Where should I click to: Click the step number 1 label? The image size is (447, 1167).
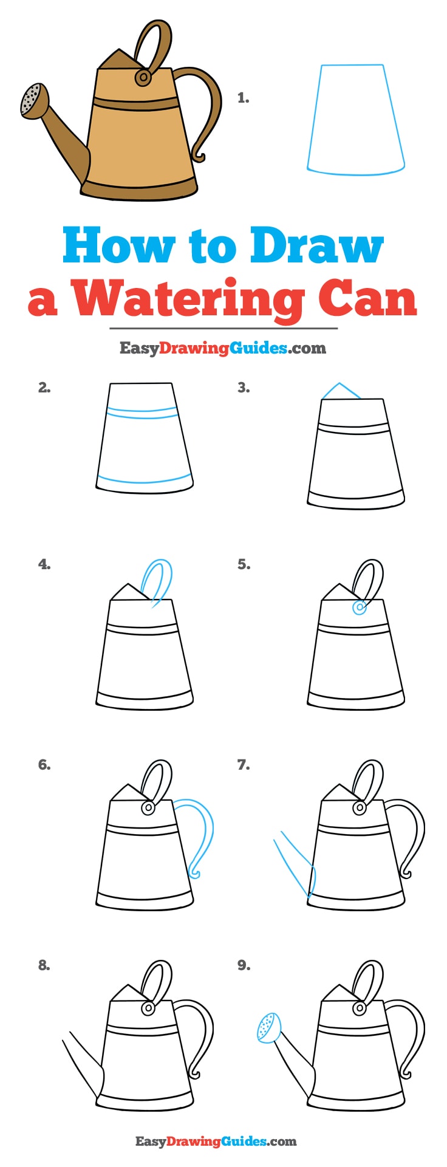[x=243, y=98]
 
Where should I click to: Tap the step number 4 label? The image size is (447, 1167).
[x=44, y=564]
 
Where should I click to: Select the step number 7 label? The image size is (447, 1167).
[x=243, y=765]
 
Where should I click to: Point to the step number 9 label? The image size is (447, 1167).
[x=244, y=965]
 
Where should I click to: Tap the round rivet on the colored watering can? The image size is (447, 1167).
[x=144, y=77]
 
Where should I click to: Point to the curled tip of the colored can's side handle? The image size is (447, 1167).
[x=198, y=157]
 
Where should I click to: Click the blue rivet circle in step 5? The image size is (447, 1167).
[x=359, y=607]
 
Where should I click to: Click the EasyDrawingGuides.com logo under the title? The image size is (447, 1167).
[x=222, y=348]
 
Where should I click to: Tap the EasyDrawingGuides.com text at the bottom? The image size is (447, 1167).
[x=216, y=1141]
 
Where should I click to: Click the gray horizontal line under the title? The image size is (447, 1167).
[x=223, y=328]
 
